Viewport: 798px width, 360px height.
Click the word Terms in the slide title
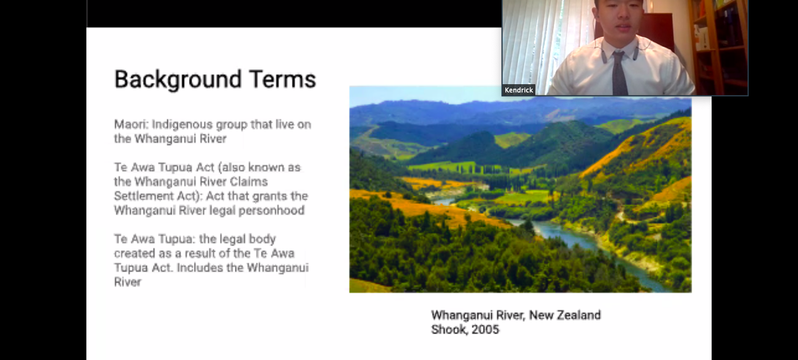pos(283,79)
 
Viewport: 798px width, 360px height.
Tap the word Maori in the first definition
pos(131,124)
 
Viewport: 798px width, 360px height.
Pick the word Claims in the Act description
pos(249,182)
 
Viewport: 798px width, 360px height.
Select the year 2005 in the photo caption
pos(485,330)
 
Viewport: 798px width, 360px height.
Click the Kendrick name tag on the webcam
pos(519,90)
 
